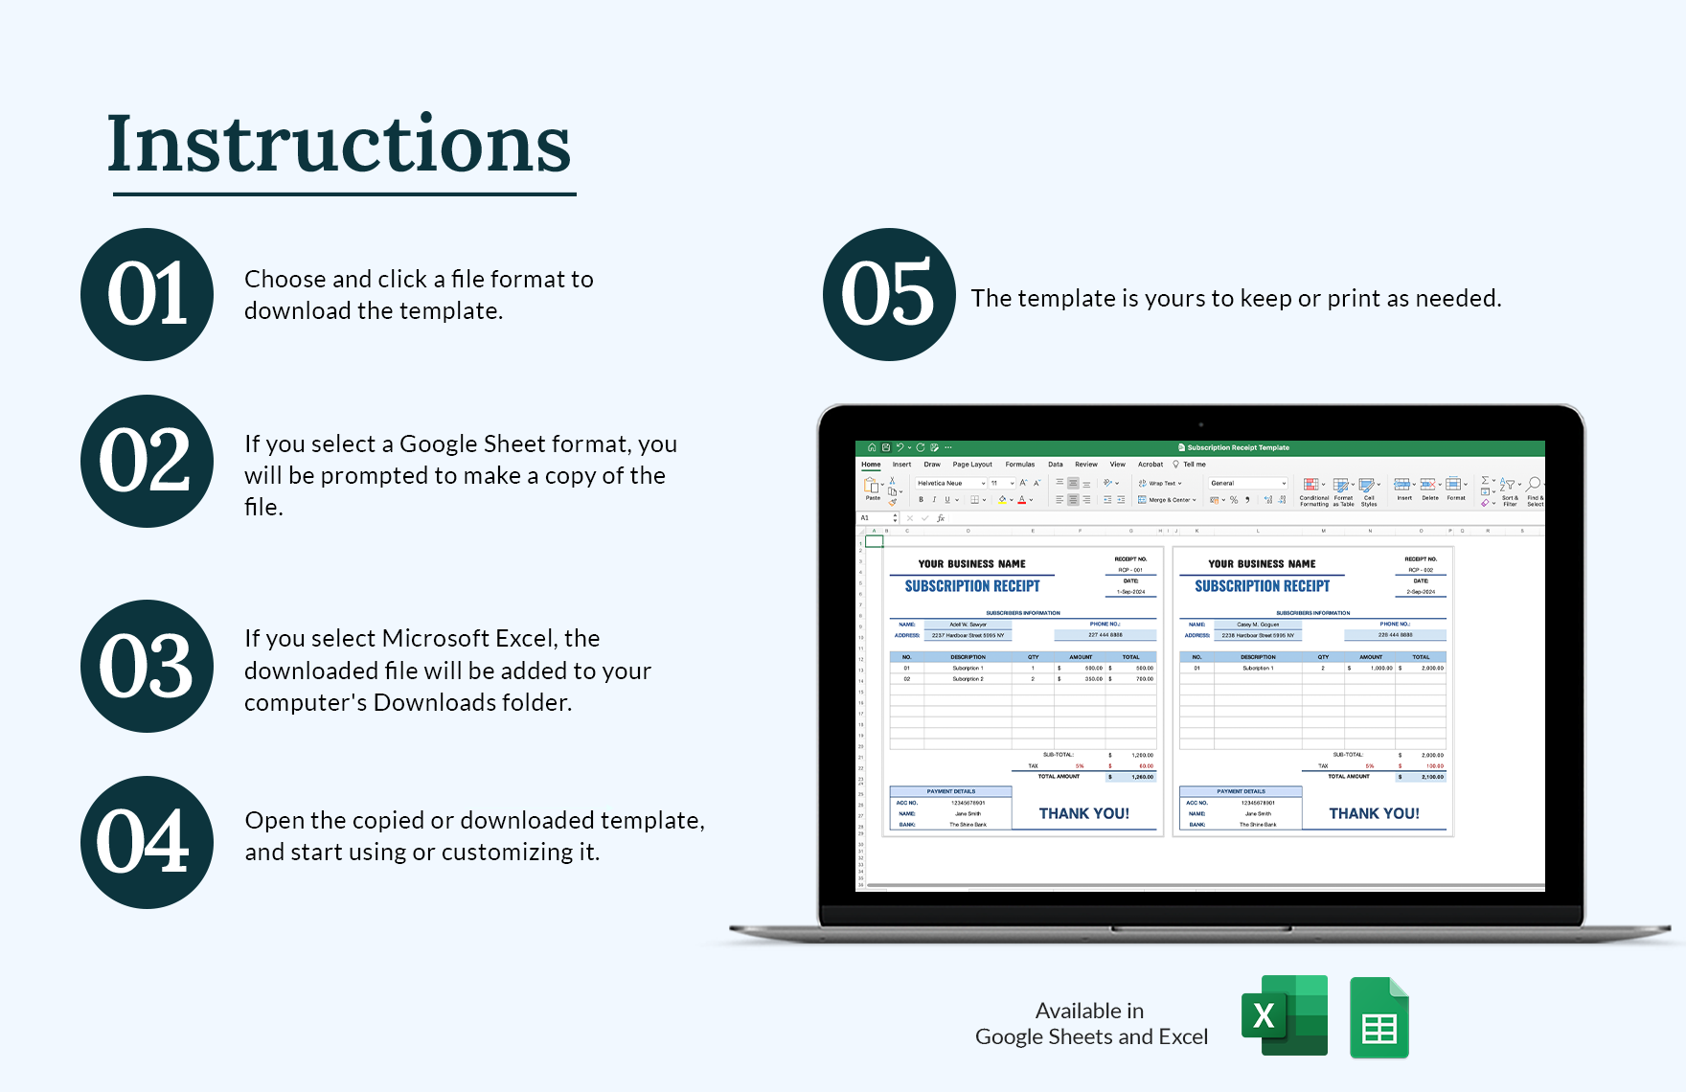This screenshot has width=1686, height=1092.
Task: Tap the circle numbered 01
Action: coord(147,294)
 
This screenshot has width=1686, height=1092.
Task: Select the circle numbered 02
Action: coord(147,461)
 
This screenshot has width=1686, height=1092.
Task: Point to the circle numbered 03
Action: coord(147,666)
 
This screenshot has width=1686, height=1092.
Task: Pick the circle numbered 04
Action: coord(147,842)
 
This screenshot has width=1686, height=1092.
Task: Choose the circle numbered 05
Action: coord(888,294)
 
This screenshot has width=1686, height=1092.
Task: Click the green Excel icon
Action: coord(1285,1015)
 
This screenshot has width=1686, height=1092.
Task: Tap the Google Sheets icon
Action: coord(1378,1018)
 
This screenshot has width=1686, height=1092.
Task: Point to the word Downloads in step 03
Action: coord(434,702)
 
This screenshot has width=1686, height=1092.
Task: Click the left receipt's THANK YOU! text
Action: coord(1083,813)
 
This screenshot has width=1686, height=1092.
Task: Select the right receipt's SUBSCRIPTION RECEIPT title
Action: coord(1262,585)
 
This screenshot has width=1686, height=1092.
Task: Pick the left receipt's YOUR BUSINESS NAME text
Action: coord(971,564)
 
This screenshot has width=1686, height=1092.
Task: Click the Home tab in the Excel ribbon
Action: coord(871,465)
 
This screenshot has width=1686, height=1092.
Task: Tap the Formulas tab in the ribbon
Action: coord(1019,465)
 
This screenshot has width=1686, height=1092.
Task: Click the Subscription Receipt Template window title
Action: coord(1238,447)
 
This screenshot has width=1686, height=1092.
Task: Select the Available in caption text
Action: coord(1089,1011)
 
